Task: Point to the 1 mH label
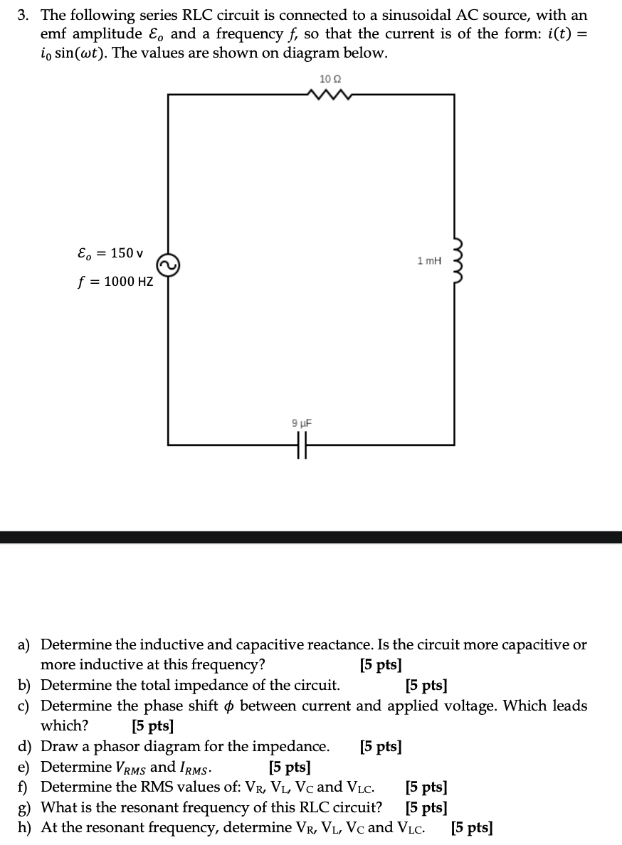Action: click(x=429, y=261)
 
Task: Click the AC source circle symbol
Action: click(x=169, y=266)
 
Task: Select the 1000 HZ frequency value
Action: click(x=129, y=282)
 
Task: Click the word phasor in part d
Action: click(x=120, y=747)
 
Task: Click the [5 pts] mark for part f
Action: click(x=426, y=787)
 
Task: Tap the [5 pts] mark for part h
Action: click(x=472, y=828)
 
